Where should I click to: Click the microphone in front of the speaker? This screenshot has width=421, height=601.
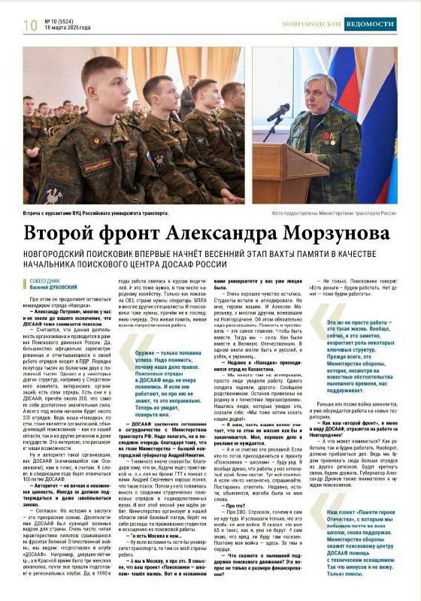click(278, 114)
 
